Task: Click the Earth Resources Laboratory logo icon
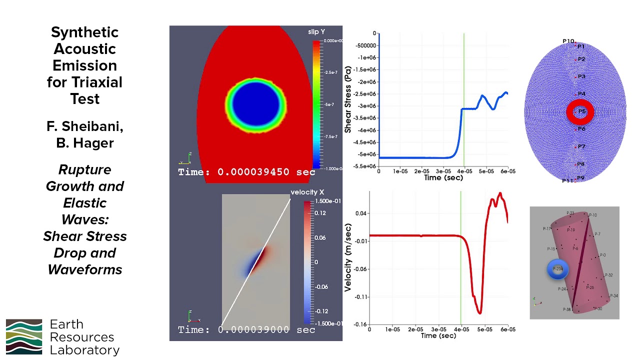click(x=24, y=336)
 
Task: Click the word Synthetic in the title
click(x=85, y=33)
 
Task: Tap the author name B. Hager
click(x=85, y=143)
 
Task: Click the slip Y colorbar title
click(x=316, y=32)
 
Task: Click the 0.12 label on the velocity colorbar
click(x=320, y=213)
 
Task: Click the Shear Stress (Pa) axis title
click(x=347, y=99)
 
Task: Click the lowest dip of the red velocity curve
click(x=479, y=313)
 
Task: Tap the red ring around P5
click(x=579, y=111)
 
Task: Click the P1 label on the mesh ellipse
click(x=581, y=46)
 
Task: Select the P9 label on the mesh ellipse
click(x=580, y=178)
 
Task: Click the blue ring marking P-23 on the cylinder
click(x=557, y=269)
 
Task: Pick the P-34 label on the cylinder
click(x=613, y=296)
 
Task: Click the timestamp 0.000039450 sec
click(x=253, y=172)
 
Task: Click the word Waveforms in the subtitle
click(x=85, y=270)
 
